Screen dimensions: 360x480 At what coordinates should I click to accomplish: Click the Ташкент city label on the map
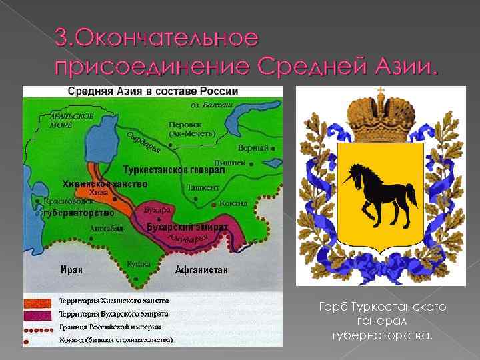point(203,188)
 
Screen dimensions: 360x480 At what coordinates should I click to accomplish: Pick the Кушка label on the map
point(139,264)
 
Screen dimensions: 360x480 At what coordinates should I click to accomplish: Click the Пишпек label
point(229,162)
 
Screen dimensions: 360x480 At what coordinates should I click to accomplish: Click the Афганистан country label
point(201,270)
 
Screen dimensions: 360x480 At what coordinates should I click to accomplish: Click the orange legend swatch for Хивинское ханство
point(40,301)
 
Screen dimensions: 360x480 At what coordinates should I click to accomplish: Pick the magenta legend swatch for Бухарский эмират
point(40,313)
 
